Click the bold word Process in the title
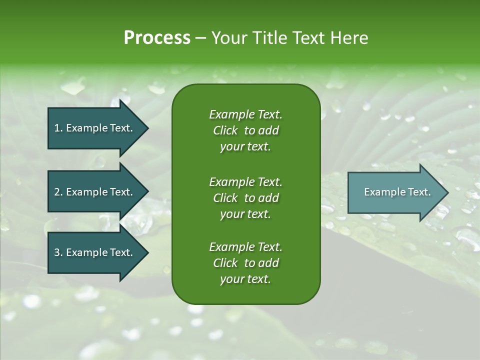(x=157, y=38)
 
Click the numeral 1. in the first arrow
(x=58, y=128)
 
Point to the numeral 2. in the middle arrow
(x=58, y=192)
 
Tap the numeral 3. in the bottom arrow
(x=58, y=252)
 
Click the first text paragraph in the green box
(x=245, y=130)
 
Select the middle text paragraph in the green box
(x=245, y=197)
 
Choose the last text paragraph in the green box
(x=245, y=263)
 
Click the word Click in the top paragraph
(x=225, y=130)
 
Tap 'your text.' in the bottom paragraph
(x=245, y=279)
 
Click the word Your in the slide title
(x=229, y=38)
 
